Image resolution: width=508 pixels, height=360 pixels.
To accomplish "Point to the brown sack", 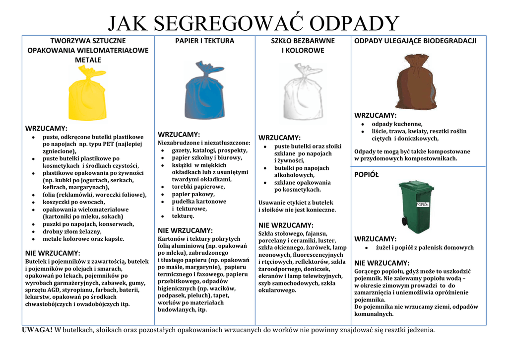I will [x=416, y=84].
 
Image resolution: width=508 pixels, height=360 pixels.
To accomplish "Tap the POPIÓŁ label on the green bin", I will [x=422, y=204].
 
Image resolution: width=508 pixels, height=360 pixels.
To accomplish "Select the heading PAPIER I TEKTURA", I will [x=204, y=41].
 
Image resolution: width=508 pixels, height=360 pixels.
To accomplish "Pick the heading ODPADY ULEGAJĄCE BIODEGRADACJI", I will [x=415, y=41].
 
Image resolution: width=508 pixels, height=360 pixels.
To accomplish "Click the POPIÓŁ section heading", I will [x=366, y=174].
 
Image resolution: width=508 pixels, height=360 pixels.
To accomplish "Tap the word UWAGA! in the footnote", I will [x=37, y=330].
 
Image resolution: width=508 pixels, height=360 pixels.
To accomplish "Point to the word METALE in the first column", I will [x=88, y=60].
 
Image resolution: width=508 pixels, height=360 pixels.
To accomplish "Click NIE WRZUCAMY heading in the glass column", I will [x=286, y=225].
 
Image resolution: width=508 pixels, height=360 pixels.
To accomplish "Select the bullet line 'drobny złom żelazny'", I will [x=72, y=231].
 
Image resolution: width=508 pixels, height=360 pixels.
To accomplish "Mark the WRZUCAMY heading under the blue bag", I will [x=179, y=135].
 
